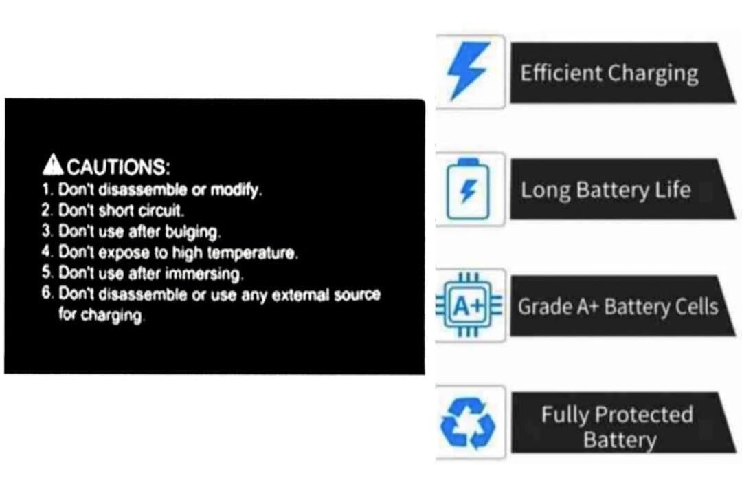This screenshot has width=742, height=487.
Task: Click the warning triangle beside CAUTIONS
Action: click(x=52, y=164)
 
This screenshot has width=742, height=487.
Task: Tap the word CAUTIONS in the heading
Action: click(x=118, y=166)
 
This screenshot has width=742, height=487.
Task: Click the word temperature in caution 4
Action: click(x=253, y=253)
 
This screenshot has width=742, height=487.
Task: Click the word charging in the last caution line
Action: click(x=111, y=316)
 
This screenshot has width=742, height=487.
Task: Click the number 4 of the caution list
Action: click(x=47, y=251)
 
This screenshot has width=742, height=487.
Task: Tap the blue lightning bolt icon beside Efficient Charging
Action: click(x=469, y=71)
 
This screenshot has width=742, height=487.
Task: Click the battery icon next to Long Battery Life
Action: click(x=468, y=189)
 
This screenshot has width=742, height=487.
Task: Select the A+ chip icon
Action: click(x=469, y=305)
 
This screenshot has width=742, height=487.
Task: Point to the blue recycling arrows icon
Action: click(x=468, y=422)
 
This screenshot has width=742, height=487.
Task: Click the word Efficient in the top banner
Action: click(x=561, y=74)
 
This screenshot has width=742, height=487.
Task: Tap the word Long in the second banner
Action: click(x=545, y=191)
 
